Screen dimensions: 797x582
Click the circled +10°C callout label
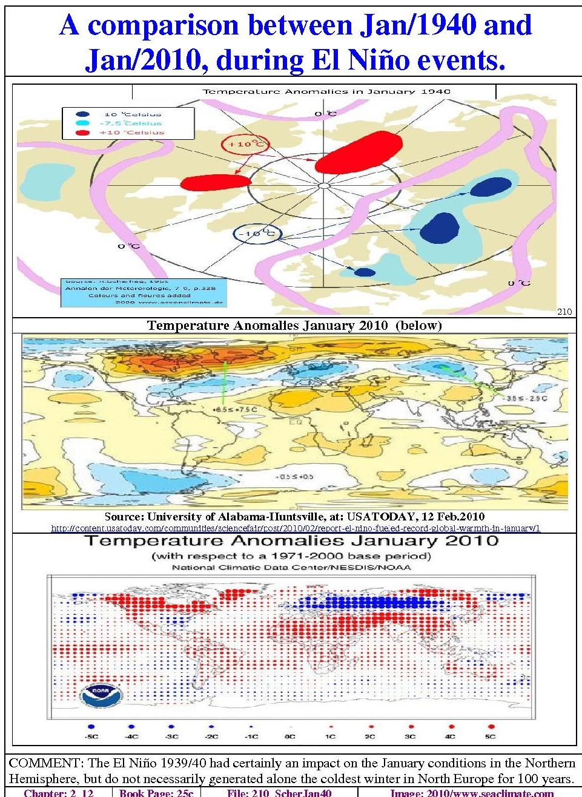[x=245, y=144]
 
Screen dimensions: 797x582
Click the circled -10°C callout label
[x=257, y=234]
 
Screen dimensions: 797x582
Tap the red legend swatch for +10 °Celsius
[x=83, y=133]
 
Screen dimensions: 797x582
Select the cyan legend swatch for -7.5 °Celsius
[x=83, y=123]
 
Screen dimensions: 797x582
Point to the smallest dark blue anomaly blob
[x=365, y=272]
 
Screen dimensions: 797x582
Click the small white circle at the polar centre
[x=324, y=186]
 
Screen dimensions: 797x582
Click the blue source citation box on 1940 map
[x=144, y=292]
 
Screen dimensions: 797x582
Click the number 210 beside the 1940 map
[x=564, y=312]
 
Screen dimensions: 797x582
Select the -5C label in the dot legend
[x=91, y=736]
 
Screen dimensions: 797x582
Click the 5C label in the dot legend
[x=490, y=736]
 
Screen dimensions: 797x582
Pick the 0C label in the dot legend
[x=290, y=736]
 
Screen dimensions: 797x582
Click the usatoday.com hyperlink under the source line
[x=295, y=528]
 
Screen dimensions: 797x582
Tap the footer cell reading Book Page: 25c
[x=156, y=793]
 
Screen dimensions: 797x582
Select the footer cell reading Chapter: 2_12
[x=59, y=793]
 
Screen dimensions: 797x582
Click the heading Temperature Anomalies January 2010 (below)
[x=294, y=326]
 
